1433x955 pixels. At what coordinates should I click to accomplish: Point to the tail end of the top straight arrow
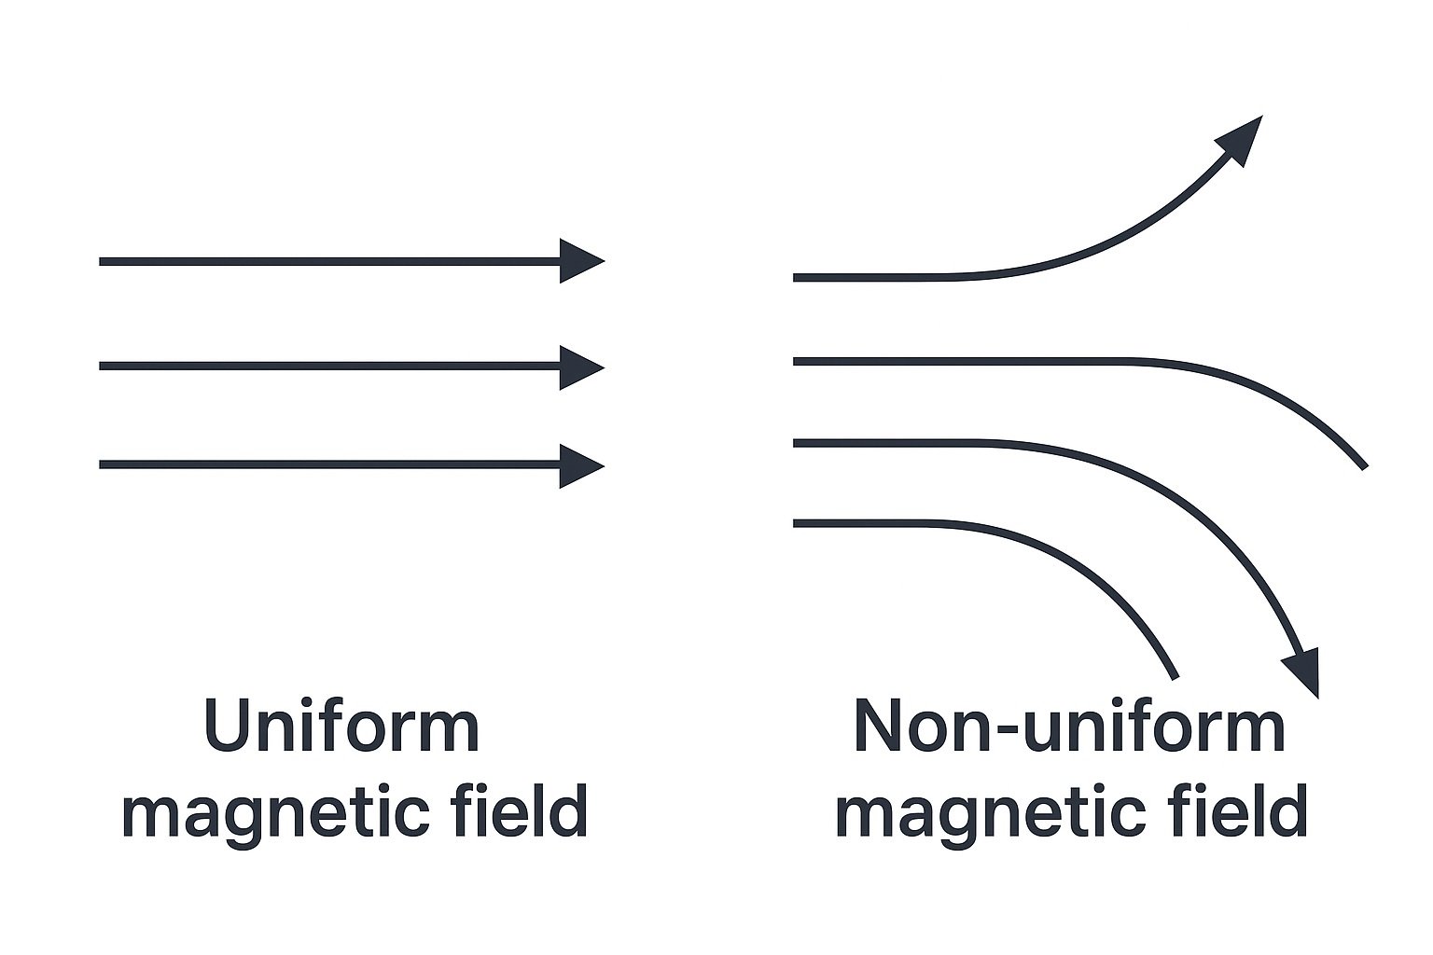pos(103,261)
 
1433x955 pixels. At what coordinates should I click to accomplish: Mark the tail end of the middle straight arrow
pos(103,367)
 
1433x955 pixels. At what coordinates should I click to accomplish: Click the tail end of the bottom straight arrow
pos(103,464)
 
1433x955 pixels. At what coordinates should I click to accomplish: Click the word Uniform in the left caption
pos(341,727)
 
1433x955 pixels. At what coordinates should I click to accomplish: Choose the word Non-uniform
pos(1069,727)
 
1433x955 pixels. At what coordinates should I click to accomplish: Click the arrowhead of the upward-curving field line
pos(1242,138)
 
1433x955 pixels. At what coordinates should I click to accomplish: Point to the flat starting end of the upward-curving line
pos(797,277)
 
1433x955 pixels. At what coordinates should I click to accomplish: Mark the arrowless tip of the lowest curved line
pos(1175,674)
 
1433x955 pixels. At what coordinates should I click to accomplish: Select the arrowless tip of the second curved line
pos(1363,464)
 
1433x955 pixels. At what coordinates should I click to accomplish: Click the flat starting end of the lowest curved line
pos(797,524)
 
